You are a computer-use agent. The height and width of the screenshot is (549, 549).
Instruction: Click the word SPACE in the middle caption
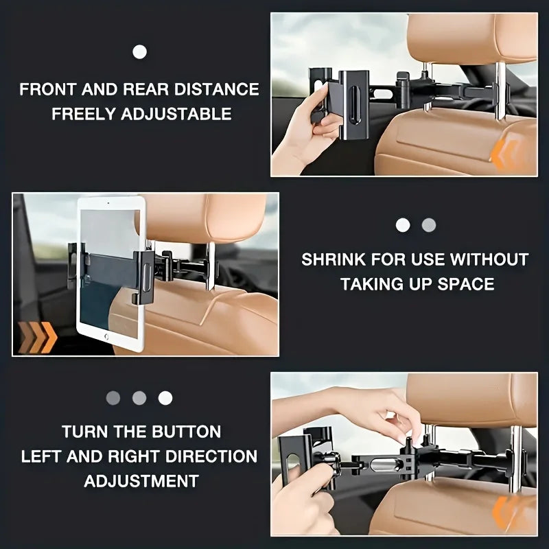[465, 284]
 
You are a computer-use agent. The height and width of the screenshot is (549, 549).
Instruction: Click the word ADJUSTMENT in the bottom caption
[141, 481]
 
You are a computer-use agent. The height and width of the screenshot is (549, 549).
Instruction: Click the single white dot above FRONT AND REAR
[140, 51]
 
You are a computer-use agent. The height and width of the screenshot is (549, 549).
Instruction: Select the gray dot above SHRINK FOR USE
[429, 225]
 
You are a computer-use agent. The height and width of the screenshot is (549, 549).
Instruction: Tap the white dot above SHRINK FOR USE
[403, 225]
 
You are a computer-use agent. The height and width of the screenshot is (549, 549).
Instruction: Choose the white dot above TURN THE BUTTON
[165, 397]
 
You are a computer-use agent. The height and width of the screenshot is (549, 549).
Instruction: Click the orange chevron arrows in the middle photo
[38, 336]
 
